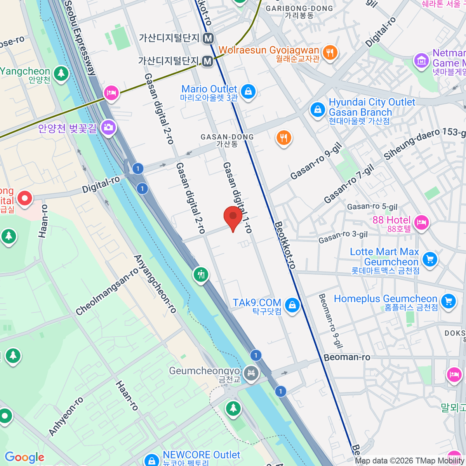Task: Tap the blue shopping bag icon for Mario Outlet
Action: (248, 92)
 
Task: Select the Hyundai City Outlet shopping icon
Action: (317, 110)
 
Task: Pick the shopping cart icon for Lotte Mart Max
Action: (429, 259)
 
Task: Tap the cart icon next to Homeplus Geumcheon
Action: (448, 301)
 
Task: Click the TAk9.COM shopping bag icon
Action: (292, 305)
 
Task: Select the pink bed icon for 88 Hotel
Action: (421, 223)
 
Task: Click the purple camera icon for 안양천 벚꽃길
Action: (108, 127)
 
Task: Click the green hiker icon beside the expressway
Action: (201, 275)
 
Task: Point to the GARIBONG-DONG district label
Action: (299, 9)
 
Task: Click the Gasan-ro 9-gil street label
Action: (316, 161)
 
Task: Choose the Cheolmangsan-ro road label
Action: (107, 292)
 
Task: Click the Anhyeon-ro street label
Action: (66, 416)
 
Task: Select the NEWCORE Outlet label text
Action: (202, 455)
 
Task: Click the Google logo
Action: (24, 457)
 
